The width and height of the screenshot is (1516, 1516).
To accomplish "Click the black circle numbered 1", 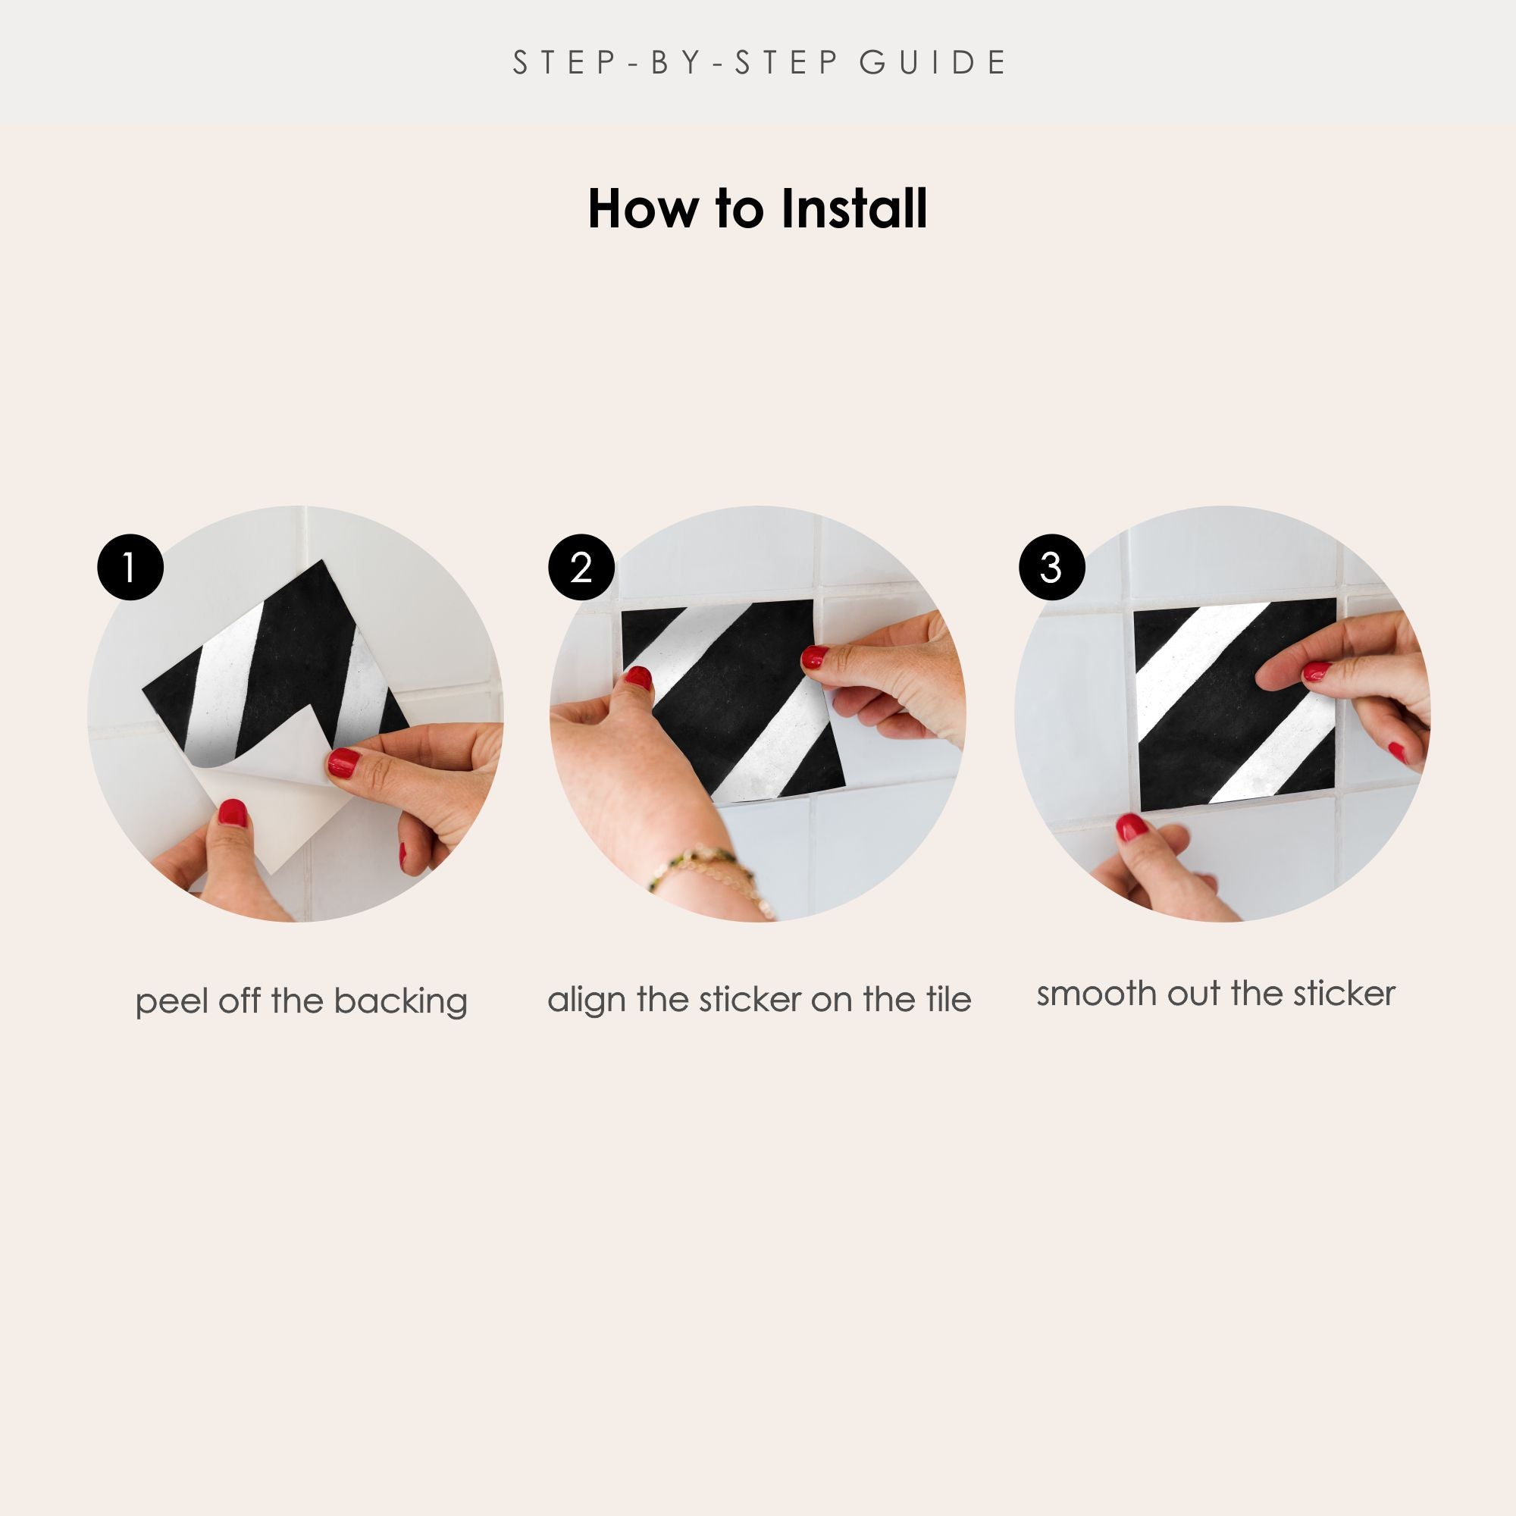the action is (130, 567).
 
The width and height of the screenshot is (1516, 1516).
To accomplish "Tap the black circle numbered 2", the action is (581, 567).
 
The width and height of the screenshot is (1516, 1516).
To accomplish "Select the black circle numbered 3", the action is (1051, 567).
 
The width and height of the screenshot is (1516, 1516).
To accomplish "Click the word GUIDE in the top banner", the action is (932, 63).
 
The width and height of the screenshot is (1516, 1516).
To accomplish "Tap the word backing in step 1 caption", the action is (400, 1003).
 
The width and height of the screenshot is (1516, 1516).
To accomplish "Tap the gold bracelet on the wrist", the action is (710, 875).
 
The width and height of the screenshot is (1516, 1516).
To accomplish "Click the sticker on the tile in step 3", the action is (1235, 700).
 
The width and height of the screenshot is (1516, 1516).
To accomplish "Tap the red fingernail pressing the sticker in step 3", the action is (1316, 671).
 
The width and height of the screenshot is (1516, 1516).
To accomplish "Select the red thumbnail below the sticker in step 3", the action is (1132, 827).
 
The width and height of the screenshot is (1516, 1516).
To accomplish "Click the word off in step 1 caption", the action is (240, 1001).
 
